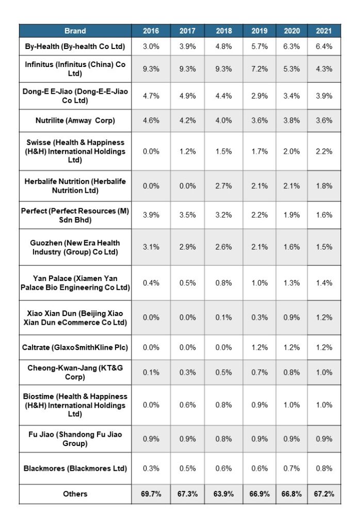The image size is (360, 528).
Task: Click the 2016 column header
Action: (151, 31)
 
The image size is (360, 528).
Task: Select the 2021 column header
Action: (323, 31)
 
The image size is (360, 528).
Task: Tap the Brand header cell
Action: (75, 31)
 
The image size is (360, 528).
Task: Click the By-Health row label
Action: (75, 46)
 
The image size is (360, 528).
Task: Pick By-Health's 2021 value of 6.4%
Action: (323, 46)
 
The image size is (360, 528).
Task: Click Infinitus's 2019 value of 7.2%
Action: (259, 69)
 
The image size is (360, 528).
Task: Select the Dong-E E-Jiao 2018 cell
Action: (223, 96)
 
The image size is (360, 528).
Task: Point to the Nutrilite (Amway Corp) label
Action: (75, 121)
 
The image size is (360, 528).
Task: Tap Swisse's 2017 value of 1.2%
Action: (187, 151)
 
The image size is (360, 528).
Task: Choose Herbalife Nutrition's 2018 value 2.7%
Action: (223, 186)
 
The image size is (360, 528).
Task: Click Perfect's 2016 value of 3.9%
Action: (151, 215)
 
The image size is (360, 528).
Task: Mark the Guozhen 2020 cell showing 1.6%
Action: (292, 247)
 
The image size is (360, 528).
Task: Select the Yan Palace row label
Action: (75, 283)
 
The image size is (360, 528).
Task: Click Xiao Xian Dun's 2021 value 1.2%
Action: (323, 318)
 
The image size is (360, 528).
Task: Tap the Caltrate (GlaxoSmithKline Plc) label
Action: (75, 348)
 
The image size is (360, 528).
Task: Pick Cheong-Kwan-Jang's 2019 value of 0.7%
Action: (259, 372)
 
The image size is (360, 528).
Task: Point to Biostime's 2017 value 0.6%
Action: (187, 405)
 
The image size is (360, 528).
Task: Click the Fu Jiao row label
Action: (75, 439)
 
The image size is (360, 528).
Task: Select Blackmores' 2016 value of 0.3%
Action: (151, 469)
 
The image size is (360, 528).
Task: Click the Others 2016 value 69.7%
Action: (151, 494)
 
